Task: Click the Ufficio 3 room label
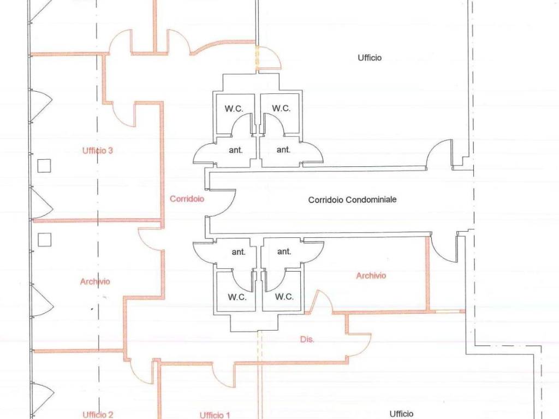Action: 97,151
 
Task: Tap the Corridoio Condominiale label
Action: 352,200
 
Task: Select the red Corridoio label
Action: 187,199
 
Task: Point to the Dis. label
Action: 307,339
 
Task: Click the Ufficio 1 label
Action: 215,415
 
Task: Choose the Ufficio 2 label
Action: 98,415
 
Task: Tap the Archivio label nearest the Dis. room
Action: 371,276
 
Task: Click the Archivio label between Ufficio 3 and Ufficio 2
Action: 95,282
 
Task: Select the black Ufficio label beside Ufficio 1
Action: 401,414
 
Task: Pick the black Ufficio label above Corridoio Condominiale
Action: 370,57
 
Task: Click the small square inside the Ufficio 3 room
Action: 44,166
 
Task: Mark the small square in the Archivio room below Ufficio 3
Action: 44,240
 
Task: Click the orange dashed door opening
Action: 256,57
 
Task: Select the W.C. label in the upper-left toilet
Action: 234,109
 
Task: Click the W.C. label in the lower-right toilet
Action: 284,296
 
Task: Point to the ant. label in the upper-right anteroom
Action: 283,149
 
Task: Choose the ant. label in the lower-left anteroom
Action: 239,252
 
